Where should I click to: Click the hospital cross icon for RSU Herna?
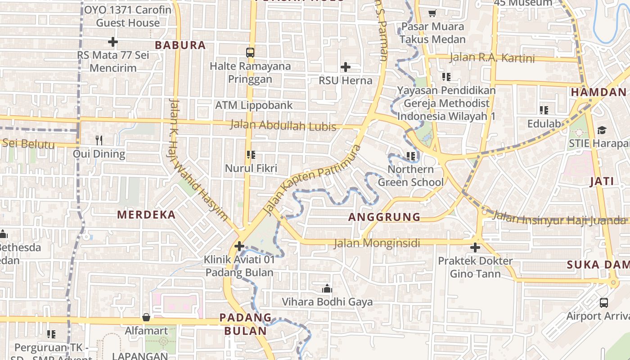click(345, 67)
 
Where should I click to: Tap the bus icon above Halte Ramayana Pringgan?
click(250, 52)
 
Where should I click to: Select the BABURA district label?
click(180, 45)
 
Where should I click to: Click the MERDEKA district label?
click(147, 215)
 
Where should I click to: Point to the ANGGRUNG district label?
click(384, 217)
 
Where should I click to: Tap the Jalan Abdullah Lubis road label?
click(283, 126)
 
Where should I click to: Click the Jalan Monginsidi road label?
click(377, 243)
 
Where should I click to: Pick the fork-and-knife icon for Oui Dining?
click(99, 140)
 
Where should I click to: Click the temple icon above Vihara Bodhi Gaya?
click(327, 288)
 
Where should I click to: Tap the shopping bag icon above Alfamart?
click(146, 317)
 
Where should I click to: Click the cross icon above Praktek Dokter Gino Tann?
click(475, 247)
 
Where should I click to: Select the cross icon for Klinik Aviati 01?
click(239, 246)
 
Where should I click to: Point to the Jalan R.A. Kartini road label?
click(492, 58)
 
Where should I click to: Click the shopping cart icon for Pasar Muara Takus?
click(432, 13)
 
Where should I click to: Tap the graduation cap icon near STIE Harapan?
click(602, 130)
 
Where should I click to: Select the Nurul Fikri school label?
click(251, 168)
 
